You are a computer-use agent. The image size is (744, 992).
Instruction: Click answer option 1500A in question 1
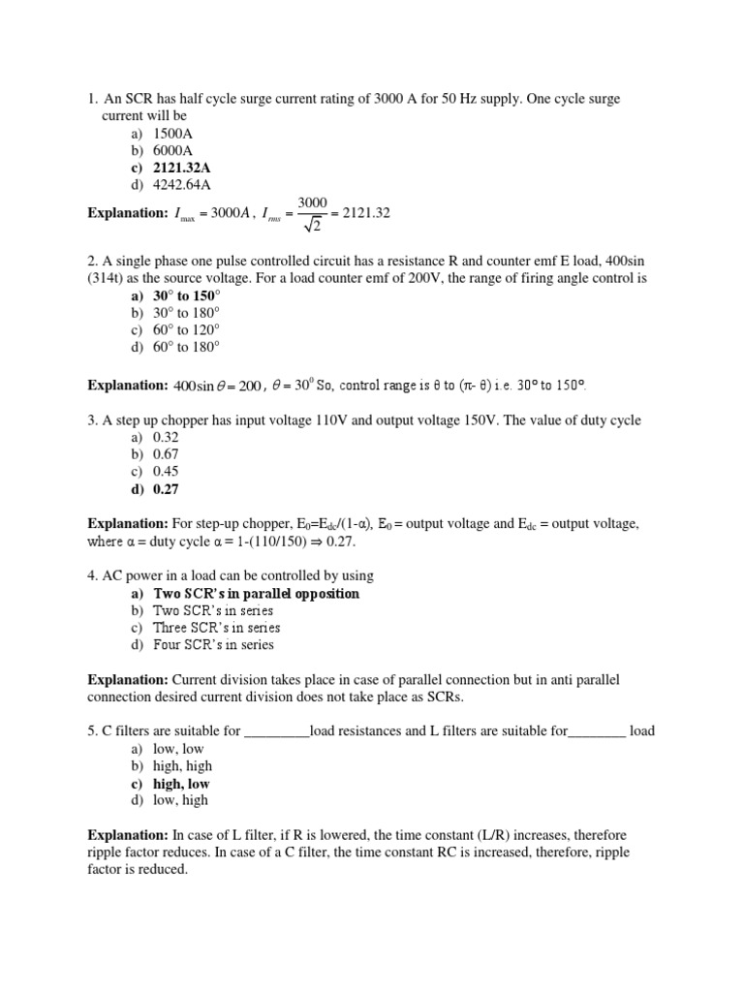tap(173, 134)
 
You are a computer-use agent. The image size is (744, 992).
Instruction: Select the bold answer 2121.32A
tap(181, 169)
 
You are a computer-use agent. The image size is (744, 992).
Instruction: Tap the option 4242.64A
tap(181, 185)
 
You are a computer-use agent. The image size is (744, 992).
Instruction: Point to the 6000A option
tap(173, 151)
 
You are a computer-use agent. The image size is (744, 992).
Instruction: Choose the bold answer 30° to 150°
tap(187, 295)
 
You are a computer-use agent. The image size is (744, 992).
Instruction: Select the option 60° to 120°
tap(187, 329)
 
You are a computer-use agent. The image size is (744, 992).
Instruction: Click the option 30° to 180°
tap(187, 312)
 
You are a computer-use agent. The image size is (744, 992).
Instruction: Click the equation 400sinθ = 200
tap(217, 386)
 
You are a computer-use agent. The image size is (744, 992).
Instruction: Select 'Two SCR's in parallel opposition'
tap(256, 593)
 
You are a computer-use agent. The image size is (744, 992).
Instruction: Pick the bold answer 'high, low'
tap(181, 784)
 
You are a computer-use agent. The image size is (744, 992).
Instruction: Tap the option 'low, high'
tap(180, 801)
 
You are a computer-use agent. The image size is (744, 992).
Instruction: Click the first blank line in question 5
tap(277, 732)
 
